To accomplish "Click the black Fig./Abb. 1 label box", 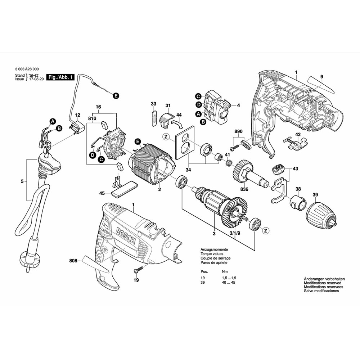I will coord(62,77).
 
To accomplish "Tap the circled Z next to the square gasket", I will coord(166,136).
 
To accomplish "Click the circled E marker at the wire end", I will coord(116,96).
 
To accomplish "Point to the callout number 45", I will coord(102,194).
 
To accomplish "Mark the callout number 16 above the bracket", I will coord(98,107).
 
